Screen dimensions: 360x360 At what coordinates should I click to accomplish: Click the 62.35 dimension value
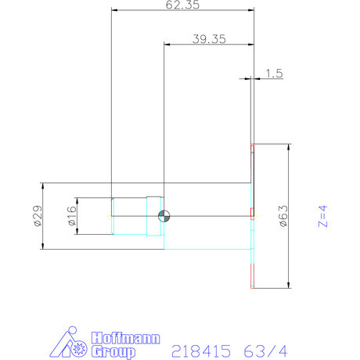pos(183,6)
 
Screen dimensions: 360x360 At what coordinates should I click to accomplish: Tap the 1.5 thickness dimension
pos(274,74)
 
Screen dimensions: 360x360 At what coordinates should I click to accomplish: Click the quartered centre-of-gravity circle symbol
pos(163,217)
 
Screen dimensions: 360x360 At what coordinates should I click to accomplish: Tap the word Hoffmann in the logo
pos(126,339)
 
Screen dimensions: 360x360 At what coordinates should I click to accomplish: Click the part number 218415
pos(201,351)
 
